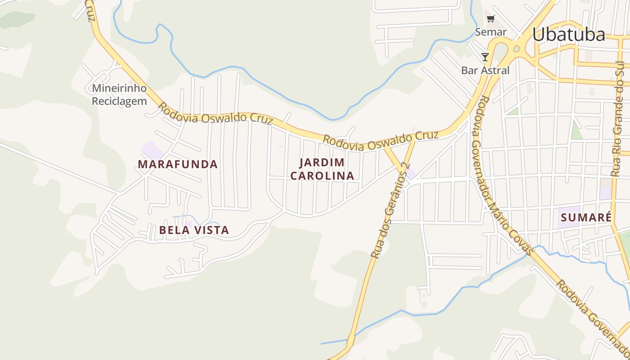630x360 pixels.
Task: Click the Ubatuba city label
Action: click(x=569, y=35)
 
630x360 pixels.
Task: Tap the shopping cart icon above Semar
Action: click(x=490, y=19)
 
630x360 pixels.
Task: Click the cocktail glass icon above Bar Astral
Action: click(x=485, y=57)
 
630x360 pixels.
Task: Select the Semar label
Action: click(x=491, y=32)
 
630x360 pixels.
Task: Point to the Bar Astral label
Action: click(x=485, y=70)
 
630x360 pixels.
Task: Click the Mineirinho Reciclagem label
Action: click(x=119, y=94)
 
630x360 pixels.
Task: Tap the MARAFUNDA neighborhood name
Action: click(x=178, y=164)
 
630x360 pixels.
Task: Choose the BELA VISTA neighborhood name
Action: click(x=194, y=230)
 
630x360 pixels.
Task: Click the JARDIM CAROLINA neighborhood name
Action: click(x=322, y=169)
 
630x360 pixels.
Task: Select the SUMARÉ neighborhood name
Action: click(x=586, y=218)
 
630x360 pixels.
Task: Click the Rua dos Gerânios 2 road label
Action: click(x=390, y=211)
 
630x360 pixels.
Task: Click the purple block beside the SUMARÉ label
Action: click(x=568, y=217)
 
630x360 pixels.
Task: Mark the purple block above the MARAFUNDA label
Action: click(x=152, y=150)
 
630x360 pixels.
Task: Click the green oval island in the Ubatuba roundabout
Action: click(x=516, y=49)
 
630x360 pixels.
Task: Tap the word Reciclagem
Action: click(x=119, y=101)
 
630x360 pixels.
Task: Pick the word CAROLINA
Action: click(x=322, y=175)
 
